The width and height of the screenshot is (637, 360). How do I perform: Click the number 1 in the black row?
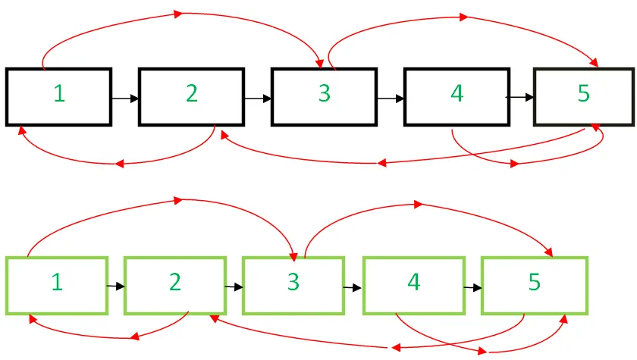[58, 93]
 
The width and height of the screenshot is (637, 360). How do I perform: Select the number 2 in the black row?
[191, 93]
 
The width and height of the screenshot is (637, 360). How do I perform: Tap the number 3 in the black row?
[325, 93]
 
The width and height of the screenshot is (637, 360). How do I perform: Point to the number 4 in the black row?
[457, 93]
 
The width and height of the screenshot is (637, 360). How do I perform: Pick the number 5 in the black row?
[583, 93]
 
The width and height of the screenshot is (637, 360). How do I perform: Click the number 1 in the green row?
[56, 283]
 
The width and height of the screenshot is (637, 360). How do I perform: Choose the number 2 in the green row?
[175, 283]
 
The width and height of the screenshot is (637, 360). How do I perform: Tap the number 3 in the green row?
[293, 283]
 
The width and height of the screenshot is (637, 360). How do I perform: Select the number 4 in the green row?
[413, 283]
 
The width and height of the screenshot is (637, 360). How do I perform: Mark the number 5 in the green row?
[535, 283]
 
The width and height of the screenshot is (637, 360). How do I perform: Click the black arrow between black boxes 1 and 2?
[125, 99]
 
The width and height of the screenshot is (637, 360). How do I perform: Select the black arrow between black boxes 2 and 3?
[258, 99]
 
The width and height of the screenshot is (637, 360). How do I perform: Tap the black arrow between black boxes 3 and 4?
[391, 99]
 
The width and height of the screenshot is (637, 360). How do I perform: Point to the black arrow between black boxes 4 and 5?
[520, 98]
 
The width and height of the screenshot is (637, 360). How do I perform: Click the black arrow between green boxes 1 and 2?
[115, 286]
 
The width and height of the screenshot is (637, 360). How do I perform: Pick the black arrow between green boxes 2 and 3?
[234, 287]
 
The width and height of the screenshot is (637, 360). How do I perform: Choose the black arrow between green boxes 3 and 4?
[353, 288]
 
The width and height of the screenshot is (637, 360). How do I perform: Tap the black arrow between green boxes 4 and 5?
[472, 288]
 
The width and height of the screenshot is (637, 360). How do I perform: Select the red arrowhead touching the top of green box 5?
[549, 252]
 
